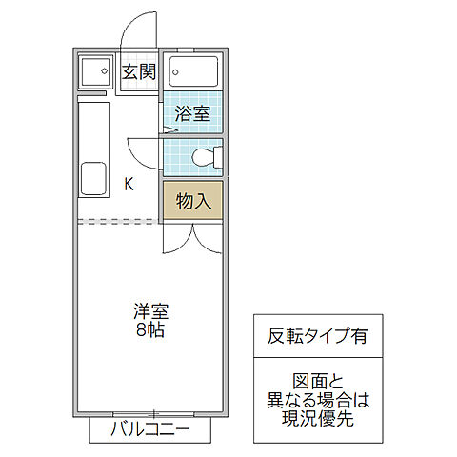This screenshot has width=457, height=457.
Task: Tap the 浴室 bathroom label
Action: click(x=191, y=114)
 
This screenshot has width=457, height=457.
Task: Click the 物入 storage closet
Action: click(x=191, y=200)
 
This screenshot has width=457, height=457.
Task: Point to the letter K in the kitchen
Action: click(x=129, y=185)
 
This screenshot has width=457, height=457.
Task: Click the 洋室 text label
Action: click(x=149, y=311)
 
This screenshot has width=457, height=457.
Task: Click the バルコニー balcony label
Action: click(x=150, y=429)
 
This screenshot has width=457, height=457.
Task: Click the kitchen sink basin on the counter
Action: click(x=92, y=177)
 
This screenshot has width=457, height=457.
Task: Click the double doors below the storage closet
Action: click(x=190, y=238)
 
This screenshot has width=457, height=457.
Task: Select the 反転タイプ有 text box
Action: click(x=318, y=335)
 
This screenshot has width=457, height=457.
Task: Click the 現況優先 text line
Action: click(x=318, y=419)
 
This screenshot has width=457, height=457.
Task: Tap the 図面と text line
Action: click(x=318, y=381)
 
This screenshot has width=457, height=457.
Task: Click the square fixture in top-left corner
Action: click(x=94, y=73)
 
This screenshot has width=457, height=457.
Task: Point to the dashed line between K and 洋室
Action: click(x=118, y=222)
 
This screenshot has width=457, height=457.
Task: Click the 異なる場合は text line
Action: click(x=318, y=400)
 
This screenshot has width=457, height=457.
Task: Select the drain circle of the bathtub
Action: click(x=177, y=71)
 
